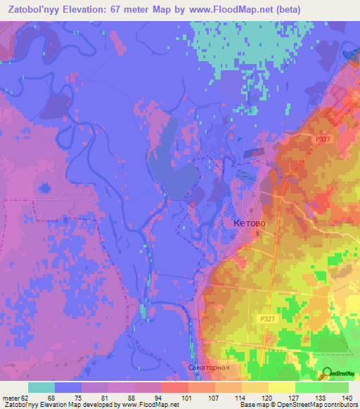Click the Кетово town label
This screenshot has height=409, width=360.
249,223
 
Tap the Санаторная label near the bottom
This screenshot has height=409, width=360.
210,368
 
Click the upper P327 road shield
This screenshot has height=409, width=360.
323,140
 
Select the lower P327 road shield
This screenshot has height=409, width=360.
264,318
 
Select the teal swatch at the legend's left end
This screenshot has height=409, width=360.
41,387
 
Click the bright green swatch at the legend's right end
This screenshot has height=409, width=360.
335,387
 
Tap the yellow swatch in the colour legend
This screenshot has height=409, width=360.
281,387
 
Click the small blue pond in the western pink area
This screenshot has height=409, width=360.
45,188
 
